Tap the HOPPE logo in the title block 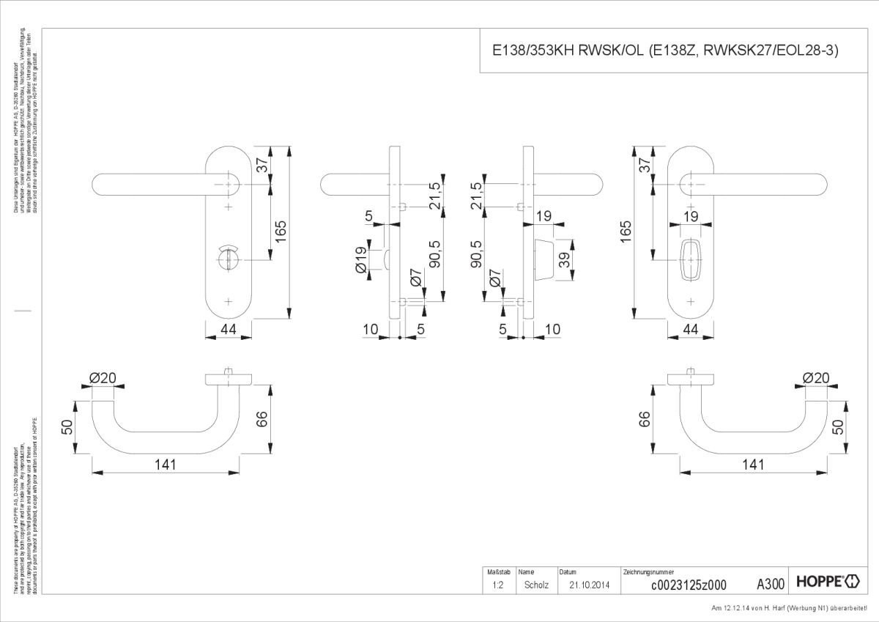click(x=827, y=583)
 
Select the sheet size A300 click(x=771, y=584)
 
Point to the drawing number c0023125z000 click(x=689, y=585)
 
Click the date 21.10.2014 click(x=588, y=585)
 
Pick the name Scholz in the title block click(x=536, y=585)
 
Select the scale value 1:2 click(x=497, y=585)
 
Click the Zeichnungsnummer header click(x=648, y=571)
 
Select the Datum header click(x=568, y=571)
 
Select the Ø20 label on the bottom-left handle click(x=103, y=378)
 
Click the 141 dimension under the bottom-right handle click(x=752, y=464)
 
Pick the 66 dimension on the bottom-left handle click(x=263, y=418)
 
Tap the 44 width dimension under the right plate click(x=691, y=329)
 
